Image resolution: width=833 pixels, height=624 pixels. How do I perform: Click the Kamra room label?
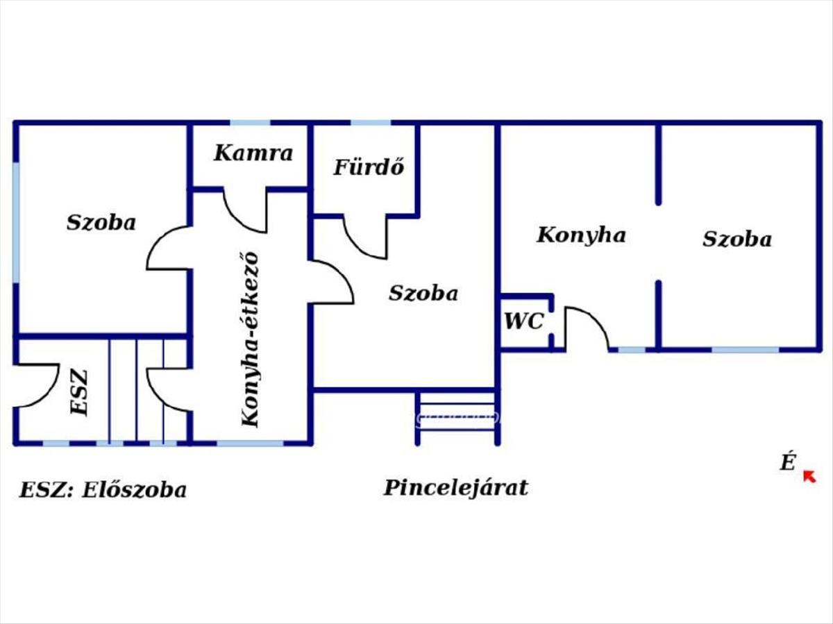pos(253,153)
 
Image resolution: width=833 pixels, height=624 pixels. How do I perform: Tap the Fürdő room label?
pos(369,167)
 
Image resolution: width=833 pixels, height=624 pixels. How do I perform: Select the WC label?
pos(523,321)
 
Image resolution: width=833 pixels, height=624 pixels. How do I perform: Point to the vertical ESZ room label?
pos(80,393)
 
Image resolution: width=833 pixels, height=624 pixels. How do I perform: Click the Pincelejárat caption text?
pos(455,487)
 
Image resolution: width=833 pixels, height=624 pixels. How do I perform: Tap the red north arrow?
pos(809,476)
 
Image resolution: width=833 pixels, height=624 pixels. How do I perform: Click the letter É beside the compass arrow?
pos(787,462)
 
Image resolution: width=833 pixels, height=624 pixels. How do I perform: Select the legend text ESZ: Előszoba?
pos(103,490)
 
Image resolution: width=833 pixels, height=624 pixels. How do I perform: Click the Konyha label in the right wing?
pos(581,235)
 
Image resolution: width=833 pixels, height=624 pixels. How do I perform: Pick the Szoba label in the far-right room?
pos(737,239)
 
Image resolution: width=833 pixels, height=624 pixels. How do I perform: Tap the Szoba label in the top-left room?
pos(101,223)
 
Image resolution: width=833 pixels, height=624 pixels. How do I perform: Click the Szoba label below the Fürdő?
pos(423,293)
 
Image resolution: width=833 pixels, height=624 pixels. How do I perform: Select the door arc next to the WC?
pos(587,326)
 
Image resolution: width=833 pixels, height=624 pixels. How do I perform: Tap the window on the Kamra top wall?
pos(250,123)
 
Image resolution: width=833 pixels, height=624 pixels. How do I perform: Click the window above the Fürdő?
pos(371,123)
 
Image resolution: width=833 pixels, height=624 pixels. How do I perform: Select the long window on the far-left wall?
pos(15,222)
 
